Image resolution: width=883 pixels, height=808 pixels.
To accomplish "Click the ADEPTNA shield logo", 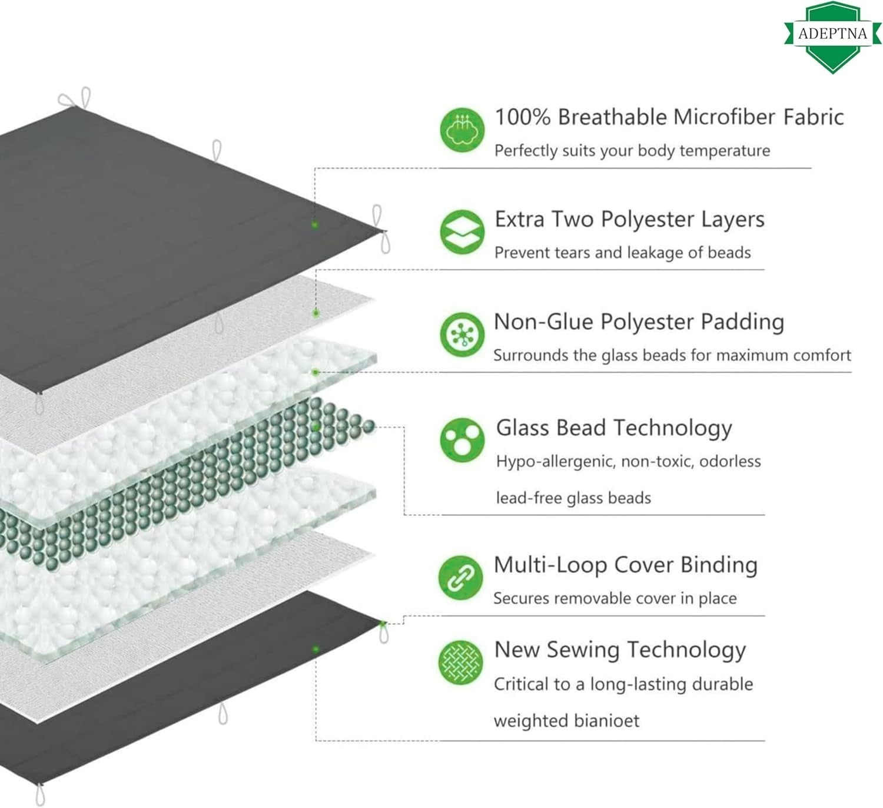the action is tap(832, 37).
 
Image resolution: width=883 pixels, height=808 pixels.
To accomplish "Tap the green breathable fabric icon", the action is tap(462, 130).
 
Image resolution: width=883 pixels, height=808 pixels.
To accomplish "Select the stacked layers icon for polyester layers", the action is tap(462, 231).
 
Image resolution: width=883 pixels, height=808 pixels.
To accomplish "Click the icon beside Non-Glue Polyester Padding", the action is tap(462, 335).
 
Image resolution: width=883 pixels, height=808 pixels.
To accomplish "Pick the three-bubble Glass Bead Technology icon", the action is tap(462, 440).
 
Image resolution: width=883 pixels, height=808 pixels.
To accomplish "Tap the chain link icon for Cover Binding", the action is tap(460, 578).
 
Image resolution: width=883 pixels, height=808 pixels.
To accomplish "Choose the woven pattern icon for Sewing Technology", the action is tap(460, 662).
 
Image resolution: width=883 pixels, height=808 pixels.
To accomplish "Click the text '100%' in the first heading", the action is tap(523, 117).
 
